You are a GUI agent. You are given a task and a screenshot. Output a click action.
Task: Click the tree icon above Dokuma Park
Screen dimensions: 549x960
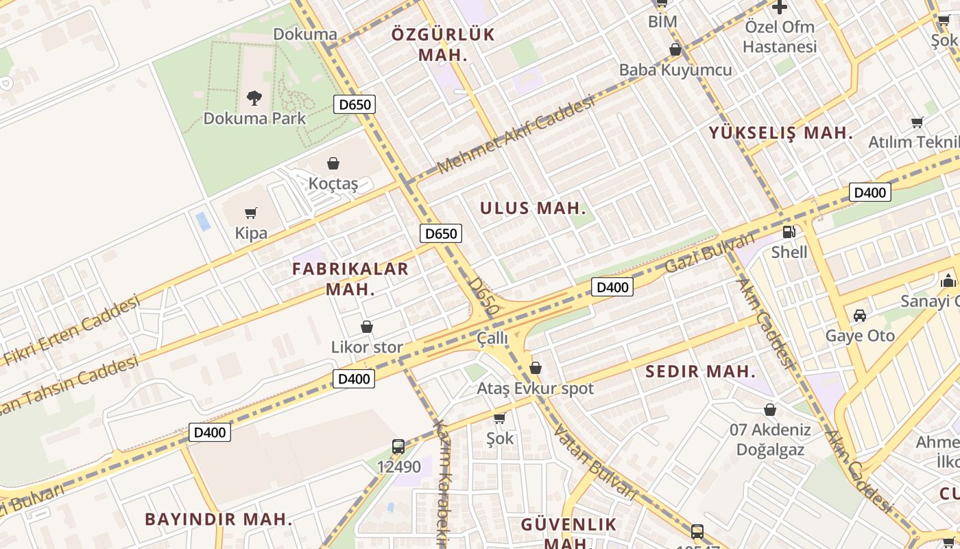pos(254,98)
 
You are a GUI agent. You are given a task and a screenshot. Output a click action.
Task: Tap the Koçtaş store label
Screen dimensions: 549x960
pos(333,183)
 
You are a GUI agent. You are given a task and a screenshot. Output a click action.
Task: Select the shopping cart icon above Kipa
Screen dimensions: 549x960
pos(251,213)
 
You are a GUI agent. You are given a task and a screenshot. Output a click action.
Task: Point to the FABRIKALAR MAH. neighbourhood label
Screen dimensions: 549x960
pos(350,279)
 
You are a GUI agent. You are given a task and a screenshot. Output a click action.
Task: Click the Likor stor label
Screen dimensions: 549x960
pos(367,347)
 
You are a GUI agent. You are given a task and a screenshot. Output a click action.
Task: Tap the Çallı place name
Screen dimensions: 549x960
pos(492,338)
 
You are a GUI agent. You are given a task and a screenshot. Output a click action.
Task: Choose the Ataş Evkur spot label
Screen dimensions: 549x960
pos(536,388)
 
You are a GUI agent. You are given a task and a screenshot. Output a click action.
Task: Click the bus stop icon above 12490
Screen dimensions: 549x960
pos(398,447)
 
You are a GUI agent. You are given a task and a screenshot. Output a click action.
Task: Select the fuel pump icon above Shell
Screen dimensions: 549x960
pos(789,232)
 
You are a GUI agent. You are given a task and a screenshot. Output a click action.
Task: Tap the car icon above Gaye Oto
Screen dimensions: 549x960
pos(860,316)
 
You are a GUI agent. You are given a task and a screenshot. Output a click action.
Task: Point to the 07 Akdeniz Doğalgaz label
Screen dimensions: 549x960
pos(770,440)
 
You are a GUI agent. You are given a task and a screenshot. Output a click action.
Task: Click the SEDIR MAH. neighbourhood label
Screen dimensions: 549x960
pos(701,372)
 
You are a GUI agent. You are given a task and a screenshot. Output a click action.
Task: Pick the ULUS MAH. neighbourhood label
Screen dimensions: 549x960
pos(533,208)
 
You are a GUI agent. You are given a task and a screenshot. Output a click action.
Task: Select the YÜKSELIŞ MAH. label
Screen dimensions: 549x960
pos(781,133)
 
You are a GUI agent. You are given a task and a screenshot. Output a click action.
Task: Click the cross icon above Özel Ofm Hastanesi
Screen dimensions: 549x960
pos(780,8)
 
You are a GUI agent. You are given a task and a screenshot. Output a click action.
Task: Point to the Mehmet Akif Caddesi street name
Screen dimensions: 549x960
pos(515,135)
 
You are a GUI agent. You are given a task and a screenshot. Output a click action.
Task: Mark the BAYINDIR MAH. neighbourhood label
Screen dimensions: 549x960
pos(219,519)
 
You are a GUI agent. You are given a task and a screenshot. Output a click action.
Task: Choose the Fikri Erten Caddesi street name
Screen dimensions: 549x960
pos(72,330)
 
